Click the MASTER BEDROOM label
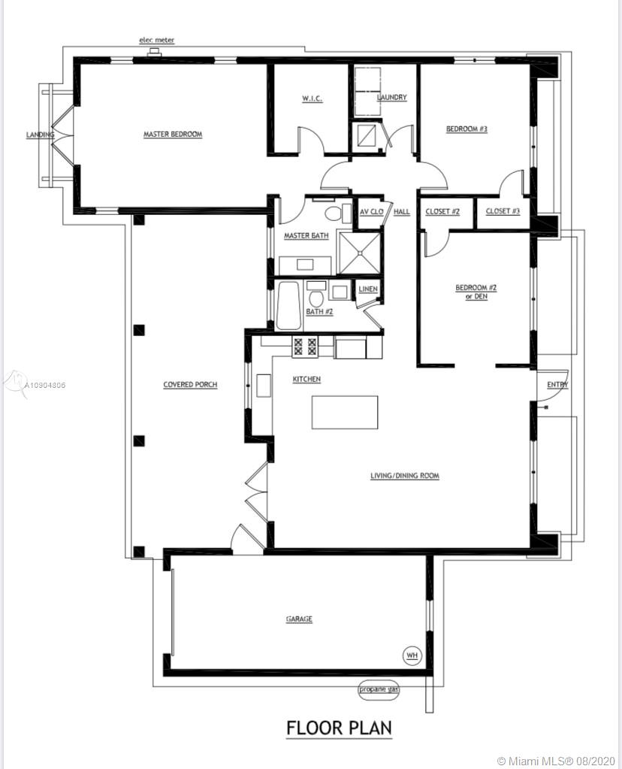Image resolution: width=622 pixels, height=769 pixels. (173, 135)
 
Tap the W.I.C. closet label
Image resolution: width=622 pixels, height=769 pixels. (313, 98)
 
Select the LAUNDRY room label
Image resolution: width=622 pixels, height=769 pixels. (392, 97)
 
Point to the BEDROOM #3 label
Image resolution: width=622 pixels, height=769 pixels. (466, 129)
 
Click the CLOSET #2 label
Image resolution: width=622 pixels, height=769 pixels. (442, 211)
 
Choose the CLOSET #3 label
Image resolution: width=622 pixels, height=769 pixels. (503, 211)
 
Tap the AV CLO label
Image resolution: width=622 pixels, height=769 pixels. (372, 212)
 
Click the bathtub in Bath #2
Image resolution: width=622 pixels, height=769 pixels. (288, 305)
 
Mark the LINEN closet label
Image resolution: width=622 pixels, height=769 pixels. (368, 289)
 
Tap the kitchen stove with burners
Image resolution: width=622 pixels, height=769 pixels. (305, 347)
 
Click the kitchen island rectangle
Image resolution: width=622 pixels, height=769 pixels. (345, 413)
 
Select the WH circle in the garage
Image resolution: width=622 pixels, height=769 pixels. (412, 655)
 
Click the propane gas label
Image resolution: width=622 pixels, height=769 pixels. (379, 689)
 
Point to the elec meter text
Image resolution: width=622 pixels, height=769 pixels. (157, 40)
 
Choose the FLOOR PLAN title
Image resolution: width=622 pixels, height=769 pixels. (340, 728)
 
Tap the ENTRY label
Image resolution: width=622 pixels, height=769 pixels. (558, 385)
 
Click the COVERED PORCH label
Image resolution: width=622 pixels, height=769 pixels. (190, 385)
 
